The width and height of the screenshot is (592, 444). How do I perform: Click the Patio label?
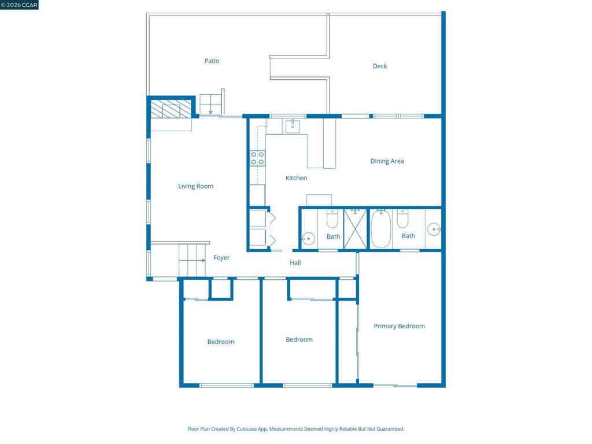(x=212, y=61)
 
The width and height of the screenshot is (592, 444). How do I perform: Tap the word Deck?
(x=380, y=66)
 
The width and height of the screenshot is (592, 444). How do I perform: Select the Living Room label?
(x=195, y=186)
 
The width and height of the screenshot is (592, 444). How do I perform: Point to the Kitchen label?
(x=296, y=178)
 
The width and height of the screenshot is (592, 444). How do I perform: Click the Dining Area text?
(x=387, y=161)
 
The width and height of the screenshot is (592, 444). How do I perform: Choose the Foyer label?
(x=221, y=257)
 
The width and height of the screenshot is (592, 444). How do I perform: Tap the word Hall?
(x=295, y=263)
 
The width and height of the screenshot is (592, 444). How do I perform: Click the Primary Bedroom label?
(x=399, y=326)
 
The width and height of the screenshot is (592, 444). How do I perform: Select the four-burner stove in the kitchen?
(x=257, y=158)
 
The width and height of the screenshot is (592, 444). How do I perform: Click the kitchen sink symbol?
(x=293, y=127)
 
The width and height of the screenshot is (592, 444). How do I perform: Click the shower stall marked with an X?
(x=356, y=229)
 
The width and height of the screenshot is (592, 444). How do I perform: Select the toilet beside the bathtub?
(x=402, y=219)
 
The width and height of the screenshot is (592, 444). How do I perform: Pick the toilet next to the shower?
(x=332, y=219)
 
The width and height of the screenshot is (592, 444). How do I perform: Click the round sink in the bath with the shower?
(x=308, y=239)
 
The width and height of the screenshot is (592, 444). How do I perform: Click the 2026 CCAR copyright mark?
(x=19, y=5)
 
